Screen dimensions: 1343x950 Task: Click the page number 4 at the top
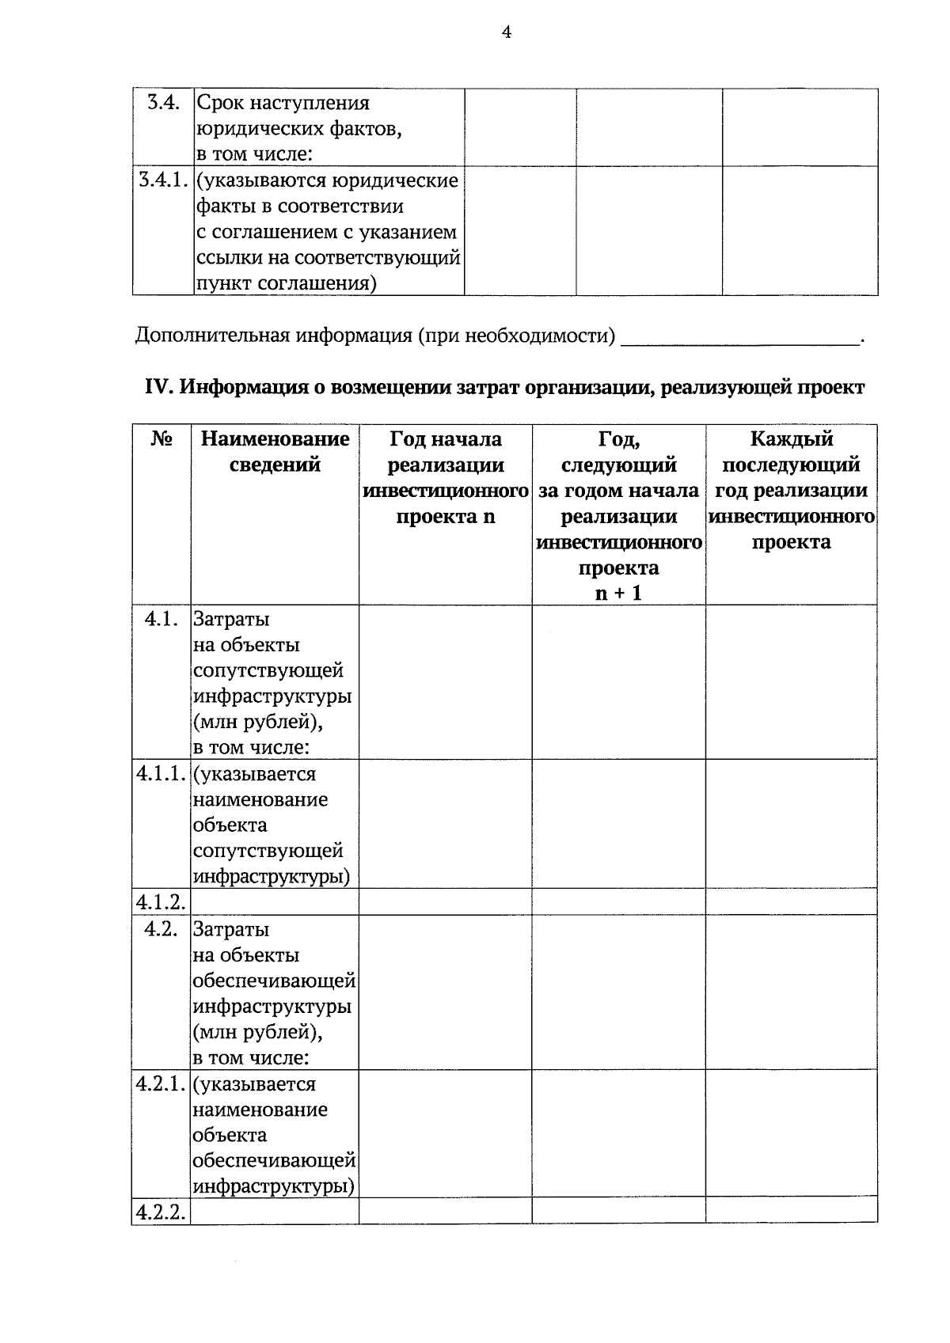(506, 32)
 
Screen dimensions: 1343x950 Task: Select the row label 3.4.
(162, 102)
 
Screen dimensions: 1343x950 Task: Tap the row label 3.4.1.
(163, 180)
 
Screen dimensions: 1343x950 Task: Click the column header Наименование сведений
(275, 452)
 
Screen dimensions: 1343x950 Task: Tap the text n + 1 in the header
(618, 592)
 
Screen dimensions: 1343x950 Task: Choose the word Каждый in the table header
(791, 439)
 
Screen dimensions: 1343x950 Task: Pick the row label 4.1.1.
(161, 774)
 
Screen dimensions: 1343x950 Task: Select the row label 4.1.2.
(161, 901)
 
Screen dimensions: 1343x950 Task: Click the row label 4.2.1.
(161, 1084)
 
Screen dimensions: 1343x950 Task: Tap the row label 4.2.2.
(161, 1212)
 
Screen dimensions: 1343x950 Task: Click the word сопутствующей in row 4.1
(268, 671)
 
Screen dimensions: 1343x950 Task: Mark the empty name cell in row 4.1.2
(275, 901)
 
